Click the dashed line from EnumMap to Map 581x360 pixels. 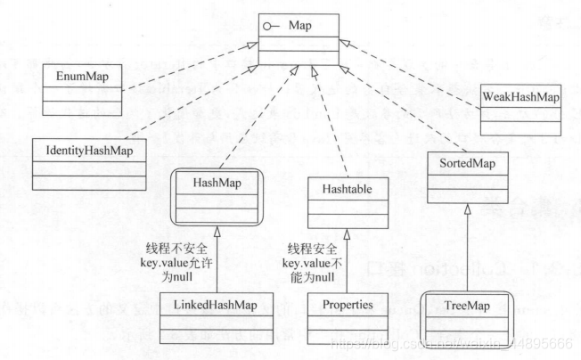click(x=178, y=72)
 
